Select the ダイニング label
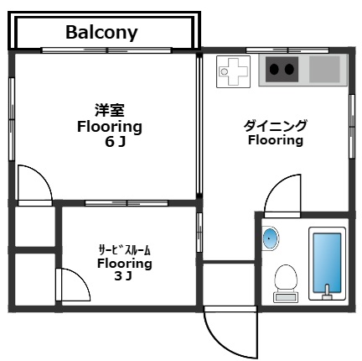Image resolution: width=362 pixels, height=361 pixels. click(x=275, y=126)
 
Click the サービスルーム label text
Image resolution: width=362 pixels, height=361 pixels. click(x=124, y=249)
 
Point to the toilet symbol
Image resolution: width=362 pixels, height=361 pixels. click(x=286, y=280)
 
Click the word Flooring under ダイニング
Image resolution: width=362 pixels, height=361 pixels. click(x=275, y=141)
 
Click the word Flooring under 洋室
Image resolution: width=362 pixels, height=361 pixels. click(x=110, y=127)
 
